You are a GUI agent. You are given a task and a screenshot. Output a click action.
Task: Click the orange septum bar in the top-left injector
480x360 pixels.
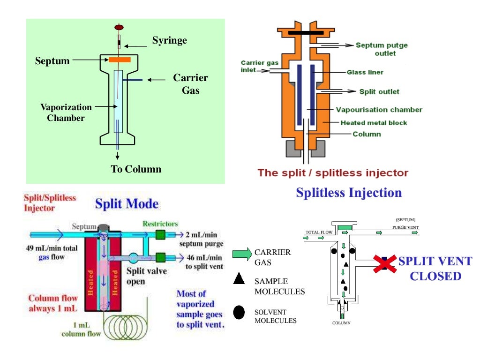click(x=119, y=60)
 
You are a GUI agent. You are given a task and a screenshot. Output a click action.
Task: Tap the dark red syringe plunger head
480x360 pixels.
click(x=119, y=27)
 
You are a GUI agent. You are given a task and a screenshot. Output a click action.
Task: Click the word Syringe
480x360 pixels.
click(x=169, y=40)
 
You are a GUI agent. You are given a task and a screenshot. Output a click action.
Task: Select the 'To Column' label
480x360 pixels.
click(x=136, y=169)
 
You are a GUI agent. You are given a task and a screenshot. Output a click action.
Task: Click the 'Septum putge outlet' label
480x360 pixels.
click(x=382, y=49)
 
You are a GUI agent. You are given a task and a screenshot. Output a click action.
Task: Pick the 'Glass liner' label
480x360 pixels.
click(x=365, y=72)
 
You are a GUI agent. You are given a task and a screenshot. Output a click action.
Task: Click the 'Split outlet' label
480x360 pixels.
click(x=379, y=91)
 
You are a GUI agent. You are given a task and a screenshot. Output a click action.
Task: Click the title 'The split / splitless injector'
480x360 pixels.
click(x=333, y=172)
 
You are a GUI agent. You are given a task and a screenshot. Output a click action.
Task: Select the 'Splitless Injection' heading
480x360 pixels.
click(x=349, y=193)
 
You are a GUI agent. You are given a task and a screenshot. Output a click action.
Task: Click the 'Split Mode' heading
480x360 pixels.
click(x=127, y=204)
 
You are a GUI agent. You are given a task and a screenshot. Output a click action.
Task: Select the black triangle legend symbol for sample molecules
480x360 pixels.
click(x=239, y=279)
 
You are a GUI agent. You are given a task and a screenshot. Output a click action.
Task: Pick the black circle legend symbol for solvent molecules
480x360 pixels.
click(x=239, y=313)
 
